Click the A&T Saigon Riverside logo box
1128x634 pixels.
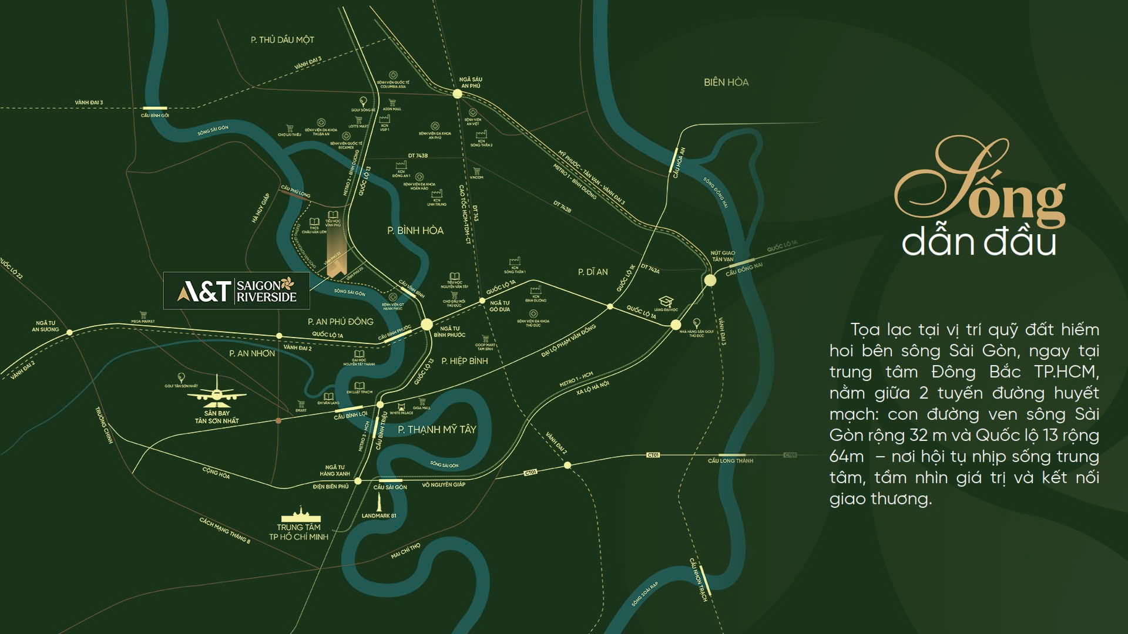236,290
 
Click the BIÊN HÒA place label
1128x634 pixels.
726,82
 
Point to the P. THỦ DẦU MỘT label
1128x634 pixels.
282,40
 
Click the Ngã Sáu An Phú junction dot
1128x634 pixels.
458,93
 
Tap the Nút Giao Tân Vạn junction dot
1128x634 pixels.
710,280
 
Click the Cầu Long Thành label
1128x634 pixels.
730,461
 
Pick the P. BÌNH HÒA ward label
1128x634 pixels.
415,231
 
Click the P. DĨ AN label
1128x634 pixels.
592,272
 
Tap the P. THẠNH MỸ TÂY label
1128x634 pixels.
437,430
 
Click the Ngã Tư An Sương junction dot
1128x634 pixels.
69,332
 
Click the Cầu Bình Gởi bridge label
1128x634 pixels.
155,116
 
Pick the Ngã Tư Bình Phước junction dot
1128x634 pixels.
427,324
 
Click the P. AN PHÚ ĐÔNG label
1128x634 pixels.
340,322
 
